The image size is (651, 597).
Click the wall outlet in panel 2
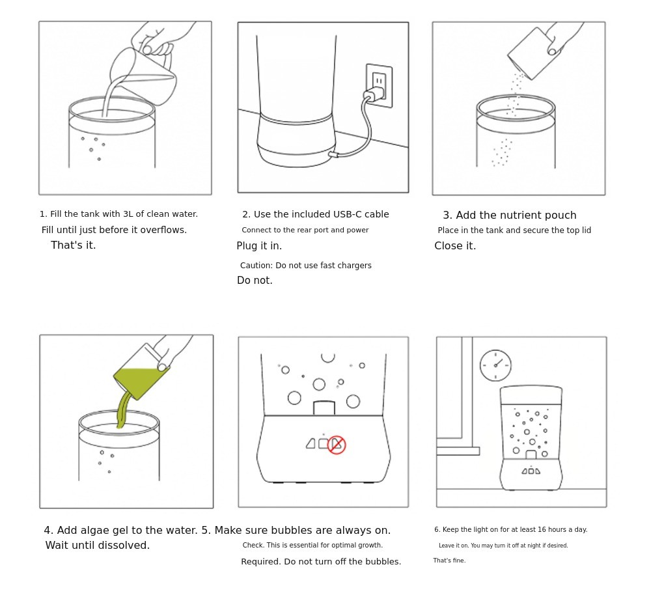tap(379, 85)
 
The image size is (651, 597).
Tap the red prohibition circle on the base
tap(337, 445)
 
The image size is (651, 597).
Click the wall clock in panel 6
tap(495, 365)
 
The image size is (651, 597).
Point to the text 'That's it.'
tap(74, 245)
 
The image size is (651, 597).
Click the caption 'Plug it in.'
tap(259, 246)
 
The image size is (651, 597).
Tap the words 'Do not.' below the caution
tap(255, 280)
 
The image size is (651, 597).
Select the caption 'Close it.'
tap(455, 246)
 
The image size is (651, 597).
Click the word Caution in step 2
tap(256, 265)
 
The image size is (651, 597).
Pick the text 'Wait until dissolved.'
tap(98, 545)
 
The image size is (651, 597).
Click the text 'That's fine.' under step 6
tap(449, 561)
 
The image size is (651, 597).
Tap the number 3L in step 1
tap(128, 214)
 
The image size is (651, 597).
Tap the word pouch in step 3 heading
tap(561, 215)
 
